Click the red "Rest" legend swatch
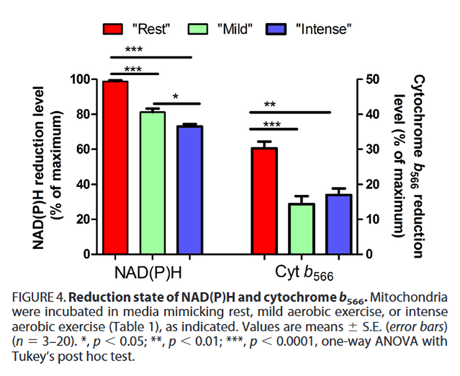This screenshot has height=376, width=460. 113,29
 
